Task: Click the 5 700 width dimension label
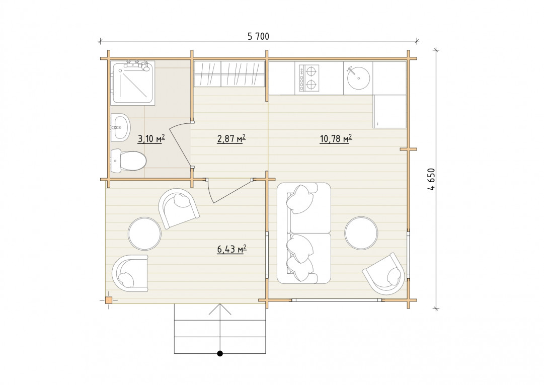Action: pos(258,36)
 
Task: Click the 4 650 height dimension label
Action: pos(431,179)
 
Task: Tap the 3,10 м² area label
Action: pos(151,139)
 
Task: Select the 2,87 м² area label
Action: pos(231,139)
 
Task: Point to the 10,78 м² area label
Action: pos(336,139)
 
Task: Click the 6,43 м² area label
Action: pos(232,249)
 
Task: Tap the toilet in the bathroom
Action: pos(128,161)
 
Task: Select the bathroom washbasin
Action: pos(120,127)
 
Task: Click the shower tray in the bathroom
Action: pos(133,83)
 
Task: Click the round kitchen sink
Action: pos(358,78)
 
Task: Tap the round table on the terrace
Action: pos(144,234)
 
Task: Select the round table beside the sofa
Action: pos(361,233)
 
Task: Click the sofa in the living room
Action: pos(304,233)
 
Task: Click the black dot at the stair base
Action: pos(219,353)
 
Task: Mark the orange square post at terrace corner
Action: pos(109,300)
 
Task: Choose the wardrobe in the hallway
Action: pos(229,74)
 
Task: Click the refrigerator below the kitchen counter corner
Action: pos(390,111)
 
